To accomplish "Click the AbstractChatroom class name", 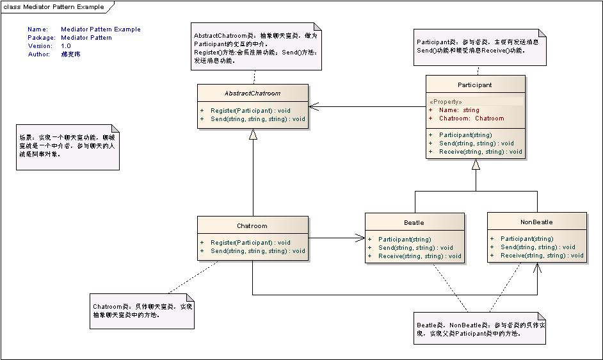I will (x=252, y=93).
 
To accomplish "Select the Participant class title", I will (x=474, y=85).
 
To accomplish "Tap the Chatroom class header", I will (x=252, y=225).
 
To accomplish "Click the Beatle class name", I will (x=414, y=222).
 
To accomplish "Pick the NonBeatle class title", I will (x=536, y=222).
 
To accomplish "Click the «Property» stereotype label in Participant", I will (x=446, y=102).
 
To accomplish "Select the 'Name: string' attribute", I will (x=458, y=110).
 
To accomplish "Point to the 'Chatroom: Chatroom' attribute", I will (x=471, y=119).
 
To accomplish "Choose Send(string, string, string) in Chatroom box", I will (x=258, y=251).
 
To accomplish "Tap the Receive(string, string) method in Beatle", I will (x=419, y=256).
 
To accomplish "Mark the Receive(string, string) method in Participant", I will (x=480, y=152).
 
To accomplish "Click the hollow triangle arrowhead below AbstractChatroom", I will (x=253, y=134).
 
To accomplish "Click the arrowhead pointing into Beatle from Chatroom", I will (x=360, y=238).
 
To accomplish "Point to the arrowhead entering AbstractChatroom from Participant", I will (x=313, y=106).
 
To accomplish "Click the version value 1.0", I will (x=66, y=46).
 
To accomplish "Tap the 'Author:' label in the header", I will (x=38, y=54).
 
